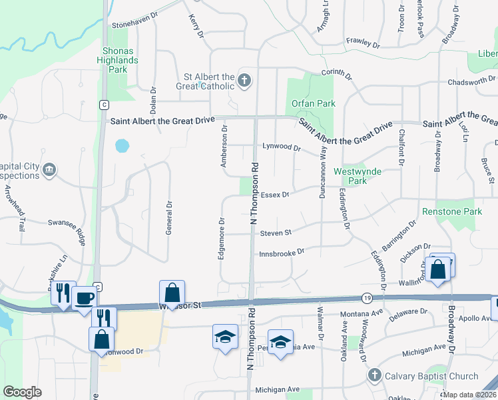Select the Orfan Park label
point(313,103)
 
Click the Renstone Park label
point(451,211)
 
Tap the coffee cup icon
point(84,298)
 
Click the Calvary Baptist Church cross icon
point(375,375)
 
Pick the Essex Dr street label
point(275,195)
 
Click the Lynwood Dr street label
point(282,146)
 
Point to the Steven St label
point(276,233)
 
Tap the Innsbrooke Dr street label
point(282,251)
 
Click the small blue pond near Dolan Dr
point(121,145)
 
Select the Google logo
point(23,391)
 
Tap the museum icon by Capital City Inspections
point(49,171)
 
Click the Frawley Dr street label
point(362,45)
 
